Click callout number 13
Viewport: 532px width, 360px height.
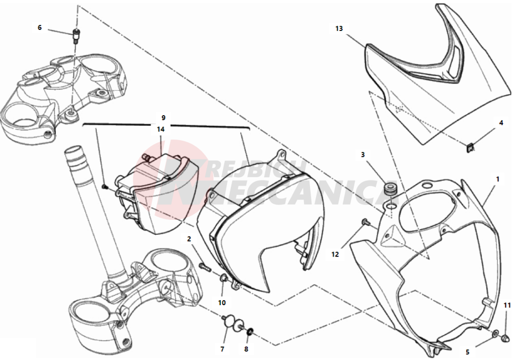(x=339, y=29)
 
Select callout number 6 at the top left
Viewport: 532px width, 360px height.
(x=40, y=28)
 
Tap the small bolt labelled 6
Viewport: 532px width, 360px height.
(x=75, y=35)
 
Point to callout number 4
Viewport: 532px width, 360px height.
(x=501, y=123)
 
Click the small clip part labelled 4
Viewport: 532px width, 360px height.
(x=470, y=147)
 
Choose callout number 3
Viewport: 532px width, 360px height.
(x=363, y=155)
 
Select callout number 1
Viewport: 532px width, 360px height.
(x=497, y=179)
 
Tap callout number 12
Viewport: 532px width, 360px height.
(x=335, y=254)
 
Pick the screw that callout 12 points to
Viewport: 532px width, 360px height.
(x=366, y=222)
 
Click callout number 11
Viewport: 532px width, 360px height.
(x=507, y=305)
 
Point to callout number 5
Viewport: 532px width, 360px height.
(x=467, y=352)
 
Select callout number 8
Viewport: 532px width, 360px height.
(x=246, y=349)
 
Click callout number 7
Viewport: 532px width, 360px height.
(x=222, y=349)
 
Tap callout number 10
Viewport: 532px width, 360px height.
(x=221, y=302)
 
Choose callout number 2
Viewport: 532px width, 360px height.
(x=189, y=239)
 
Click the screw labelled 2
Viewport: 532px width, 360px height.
(x=205, y=267)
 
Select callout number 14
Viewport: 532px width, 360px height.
(x=161, y=129)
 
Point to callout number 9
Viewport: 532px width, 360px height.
(x=163, y=118)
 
